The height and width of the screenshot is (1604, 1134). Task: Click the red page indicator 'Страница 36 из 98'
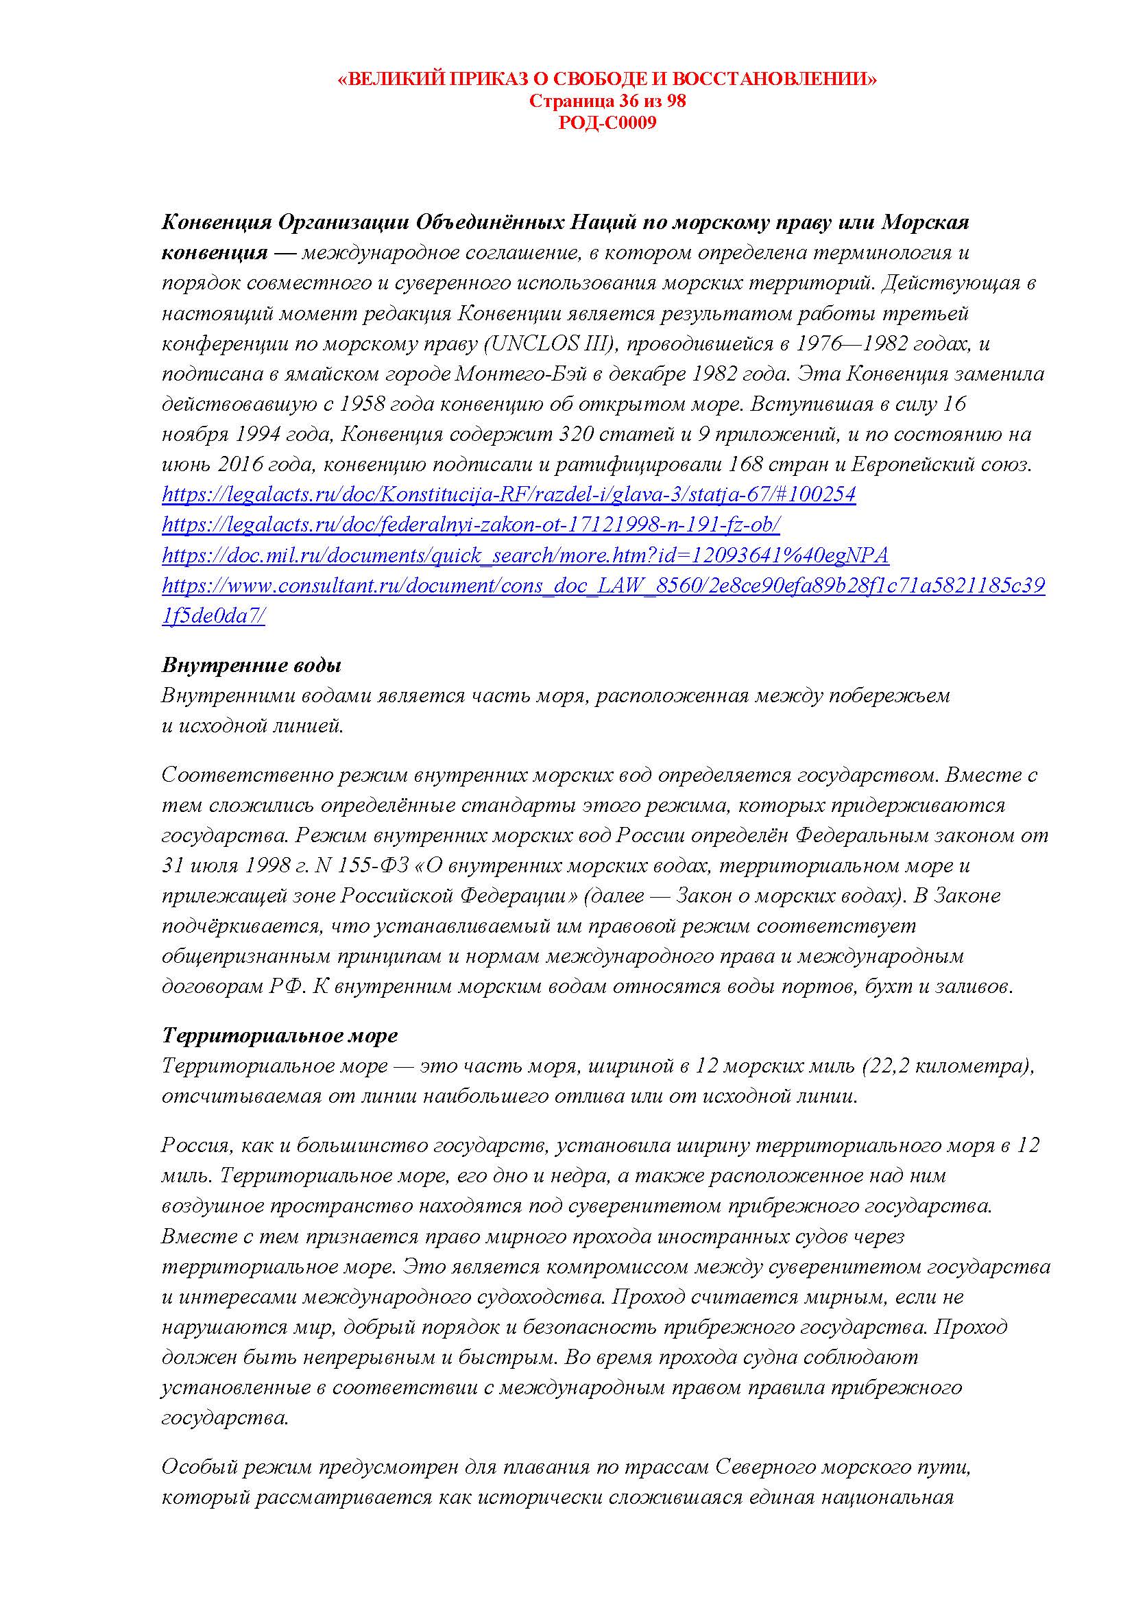pos(607,101)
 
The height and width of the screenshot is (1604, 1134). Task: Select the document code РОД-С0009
pos(607,123)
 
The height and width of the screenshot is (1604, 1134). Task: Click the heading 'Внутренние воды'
pos(252,665)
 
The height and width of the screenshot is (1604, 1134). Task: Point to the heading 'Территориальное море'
pos(279,1036)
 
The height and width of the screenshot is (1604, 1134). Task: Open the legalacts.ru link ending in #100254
pos(508,494)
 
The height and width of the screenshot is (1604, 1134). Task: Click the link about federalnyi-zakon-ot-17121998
pos(470,525)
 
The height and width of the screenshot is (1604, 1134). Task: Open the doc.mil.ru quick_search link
pos(525,555)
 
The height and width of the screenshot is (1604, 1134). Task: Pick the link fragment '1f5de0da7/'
pos(213,617)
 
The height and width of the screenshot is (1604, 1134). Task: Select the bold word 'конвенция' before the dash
pos(215,252)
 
